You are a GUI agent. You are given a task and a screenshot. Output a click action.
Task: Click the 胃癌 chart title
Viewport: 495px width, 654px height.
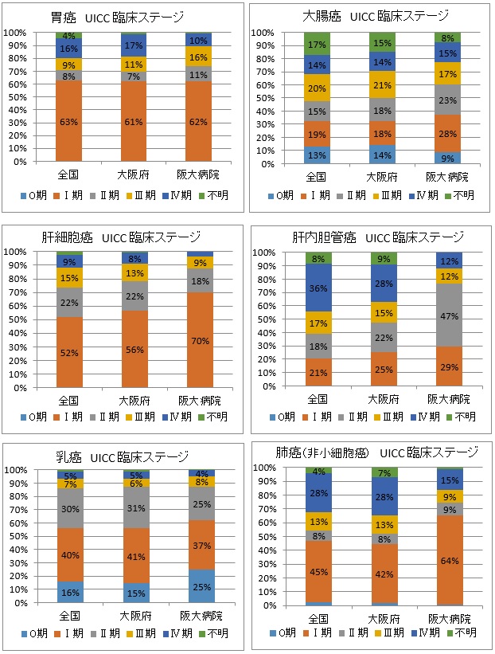tap(127, 17)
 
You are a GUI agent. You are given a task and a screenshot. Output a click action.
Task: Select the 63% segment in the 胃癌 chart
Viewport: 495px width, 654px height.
tap(69, 121)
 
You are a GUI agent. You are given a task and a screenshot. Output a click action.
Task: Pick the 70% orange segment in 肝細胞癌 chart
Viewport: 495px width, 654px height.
tap(200, 341)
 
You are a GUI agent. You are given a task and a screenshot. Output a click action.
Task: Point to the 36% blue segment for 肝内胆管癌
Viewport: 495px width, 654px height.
tap(319, 288)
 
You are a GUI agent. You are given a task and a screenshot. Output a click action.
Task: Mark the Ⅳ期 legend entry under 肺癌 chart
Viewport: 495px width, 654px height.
tap(423, 632)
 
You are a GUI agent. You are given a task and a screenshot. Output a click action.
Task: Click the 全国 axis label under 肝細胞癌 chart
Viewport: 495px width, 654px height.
tap(69, 398)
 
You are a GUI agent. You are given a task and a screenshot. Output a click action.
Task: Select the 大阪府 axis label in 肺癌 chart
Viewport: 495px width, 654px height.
tap(384, 618)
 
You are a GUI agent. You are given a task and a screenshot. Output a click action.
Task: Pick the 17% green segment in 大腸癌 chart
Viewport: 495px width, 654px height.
tap(319, 45)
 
